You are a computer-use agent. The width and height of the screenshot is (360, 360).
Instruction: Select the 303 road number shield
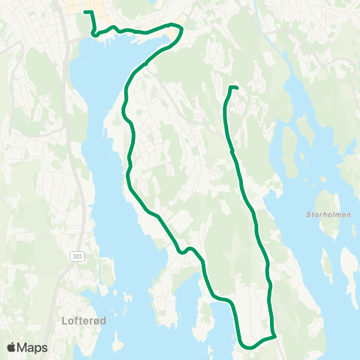point(77,256)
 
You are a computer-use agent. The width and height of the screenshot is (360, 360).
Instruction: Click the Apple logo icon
point(12,347)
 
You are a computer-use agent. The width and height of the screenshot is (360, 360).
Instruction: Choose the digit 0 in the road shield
point(77,256)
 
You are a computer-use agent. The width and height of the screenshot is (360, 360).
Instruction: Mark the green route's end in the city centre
point(84,12)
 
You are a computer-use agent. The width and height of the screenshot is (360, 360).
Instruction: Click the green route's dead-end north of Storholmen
point(237,88)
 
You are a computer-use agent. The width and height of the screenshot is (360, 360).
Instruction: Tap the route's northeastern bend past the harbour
point(180,27)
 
